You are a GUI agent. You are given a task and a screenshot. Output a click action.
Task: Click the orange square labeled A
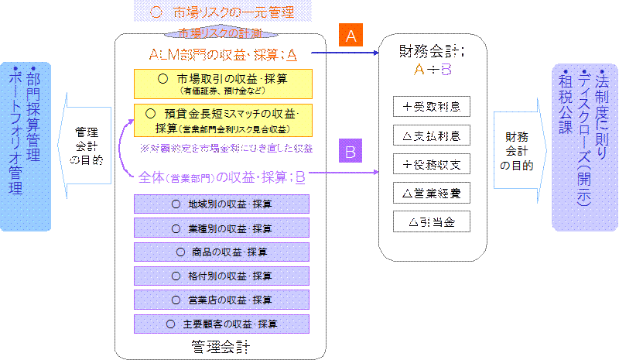coord(351,36)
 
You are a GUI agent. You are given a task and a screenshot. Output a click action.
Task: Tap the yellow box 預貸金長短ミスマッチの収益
coord(222,119)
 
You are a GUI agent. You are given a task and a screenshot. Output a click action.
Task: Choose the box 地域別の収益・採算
coord(222,204)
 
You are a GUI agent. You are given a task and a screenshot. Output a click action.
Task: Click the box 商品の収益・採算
coord(222,252)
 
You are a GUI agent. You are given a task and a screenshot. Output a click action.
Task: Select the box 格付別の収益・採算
coord(222,275)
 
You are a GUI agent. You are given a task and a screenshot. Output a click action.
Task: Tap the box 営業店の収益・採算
coord(222,299)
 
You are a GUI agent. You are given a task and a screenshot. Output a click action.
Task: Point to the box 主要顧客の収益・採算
coord(222,322)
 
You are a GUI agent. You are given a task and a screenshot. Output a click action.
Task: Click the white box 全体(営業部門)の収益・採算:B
coord(222,177)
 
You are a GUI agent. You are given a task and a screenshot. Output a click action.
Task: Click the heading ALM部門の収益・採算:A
coord(222,55)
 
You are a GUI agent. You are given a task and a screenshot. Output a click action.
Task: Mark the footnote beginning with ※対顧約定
coord(225,146)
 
